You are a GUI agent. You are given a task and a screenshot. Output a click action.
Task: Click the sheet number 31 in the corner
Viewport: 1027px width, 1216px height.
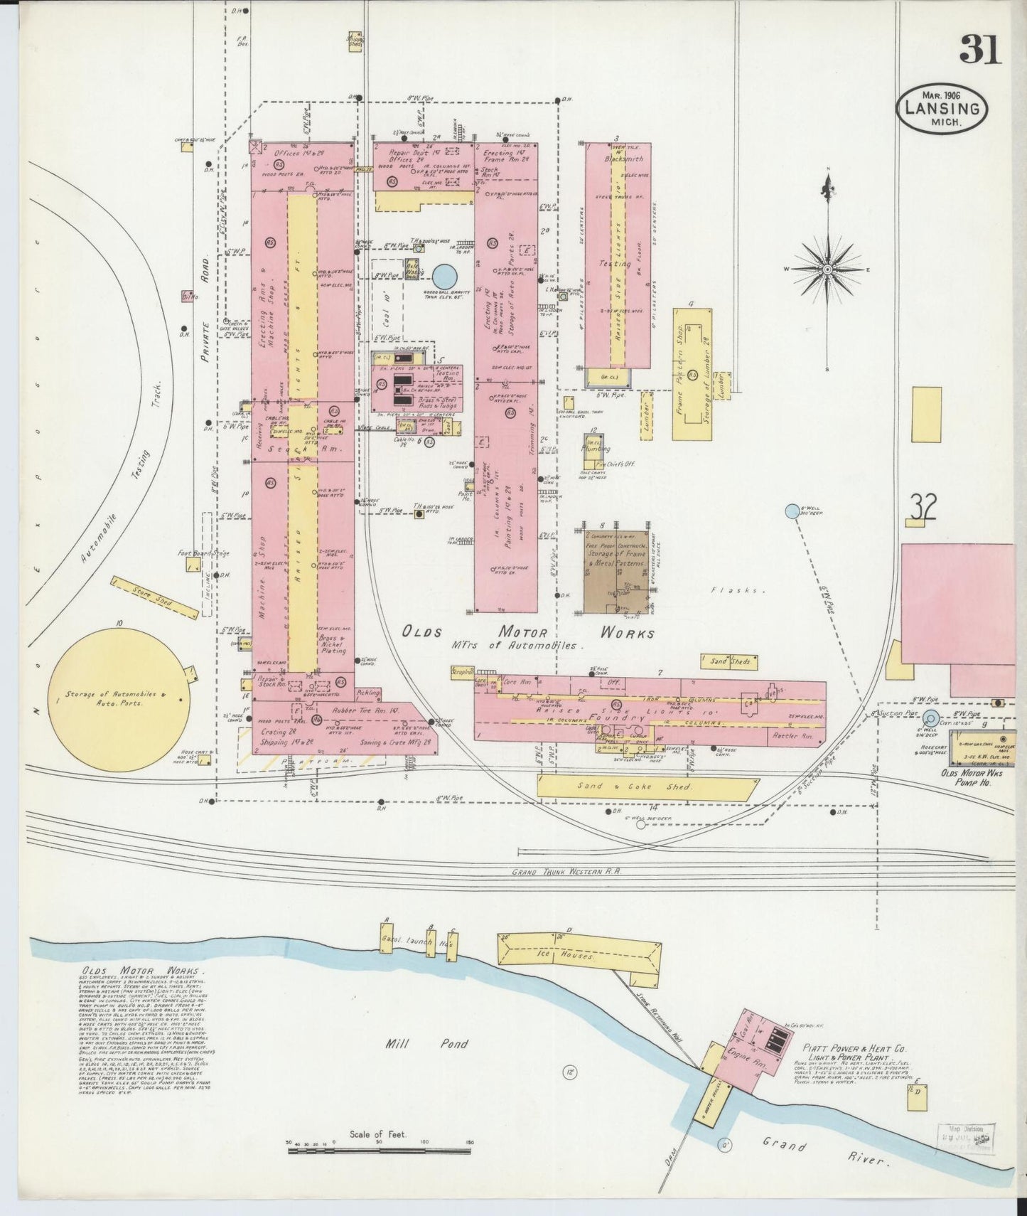980,49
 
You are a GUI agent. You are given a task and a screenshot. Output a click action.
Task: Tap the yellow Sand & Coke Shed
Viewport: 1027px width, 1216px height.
645,786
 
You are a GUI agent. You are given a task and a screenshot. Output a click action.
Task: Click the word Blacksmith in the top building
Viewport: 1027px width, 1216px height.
624,159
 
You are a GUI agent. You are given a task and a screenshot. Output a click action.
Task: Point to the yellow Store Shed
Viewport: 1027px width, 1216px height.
155,599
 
